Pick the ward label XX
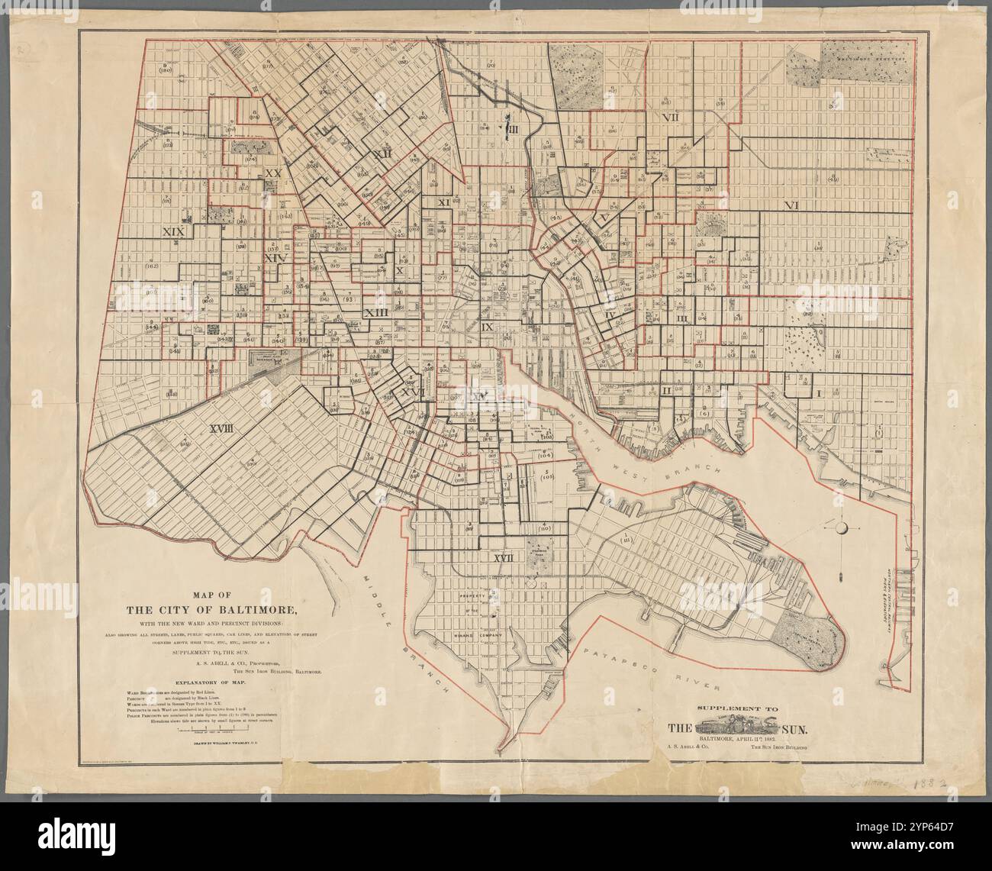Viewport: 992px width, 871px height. click(x=272, y=173)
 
